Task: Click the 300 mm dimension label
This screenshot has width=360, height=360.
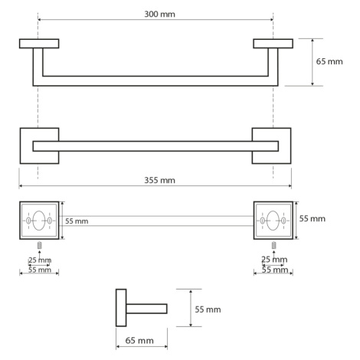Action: (x=159, y=14)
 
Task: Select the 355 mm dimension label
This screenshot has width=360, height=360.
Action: (x=159, y=180)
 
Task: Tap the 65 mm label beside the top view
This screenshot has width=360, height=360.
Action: (x=329, y=61)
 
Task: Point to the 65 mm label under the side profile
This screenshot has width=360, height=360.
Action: (x=139, y=341)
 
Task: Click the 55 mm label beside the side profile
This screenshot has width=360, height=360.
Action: (x=208, y=309)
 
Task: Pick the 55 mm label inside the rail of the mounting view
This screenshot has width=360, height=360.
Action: (x=77, y=221)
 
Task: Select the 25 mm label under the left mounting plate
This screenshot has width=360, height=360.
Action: (x=40, y=260)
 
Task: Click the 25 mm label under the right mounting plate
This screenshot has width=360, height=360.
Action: (x=274, y=260)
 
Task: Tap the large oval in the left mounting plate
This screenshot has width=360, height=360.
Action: (x=39, y=221)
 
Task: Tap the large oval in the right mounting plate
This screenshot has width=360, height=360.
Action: (x=273, y=221)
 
